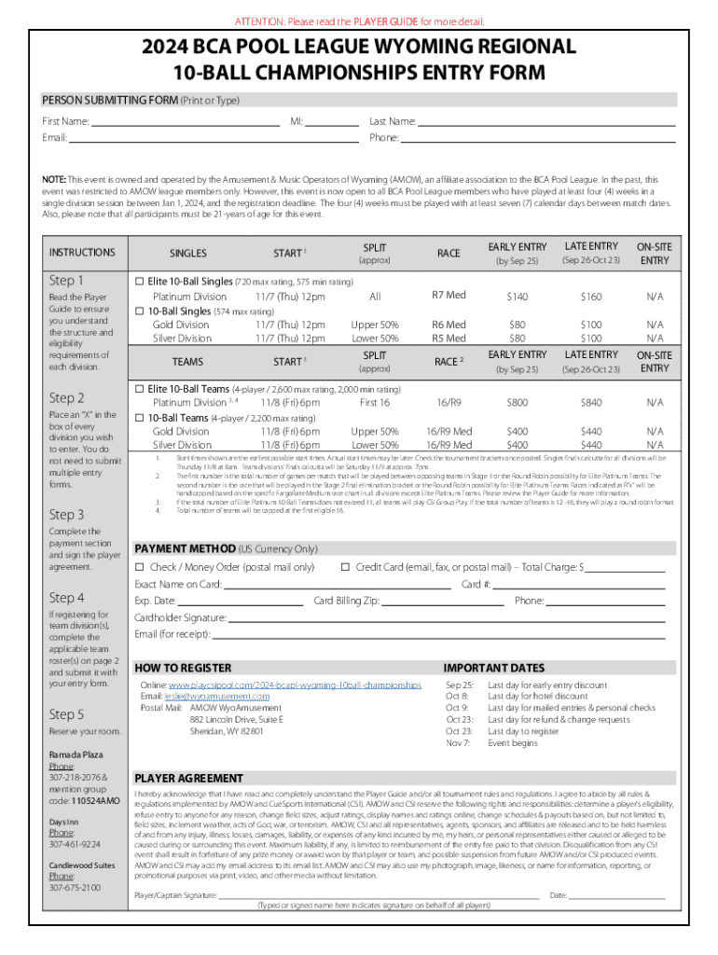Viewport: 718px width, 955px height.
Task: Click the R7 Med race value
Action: coord(449,296)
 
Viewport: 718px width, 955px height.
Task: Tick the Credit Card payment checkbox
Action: coord(345,567)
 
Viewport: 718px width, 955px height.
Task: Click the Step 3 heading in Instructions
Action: coord(67,514)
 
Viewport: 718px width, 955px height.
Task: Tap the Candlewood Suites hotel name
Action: coord(83,865)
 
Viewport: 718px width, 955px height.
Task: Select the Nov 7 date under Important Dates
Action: coord(458,743)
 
